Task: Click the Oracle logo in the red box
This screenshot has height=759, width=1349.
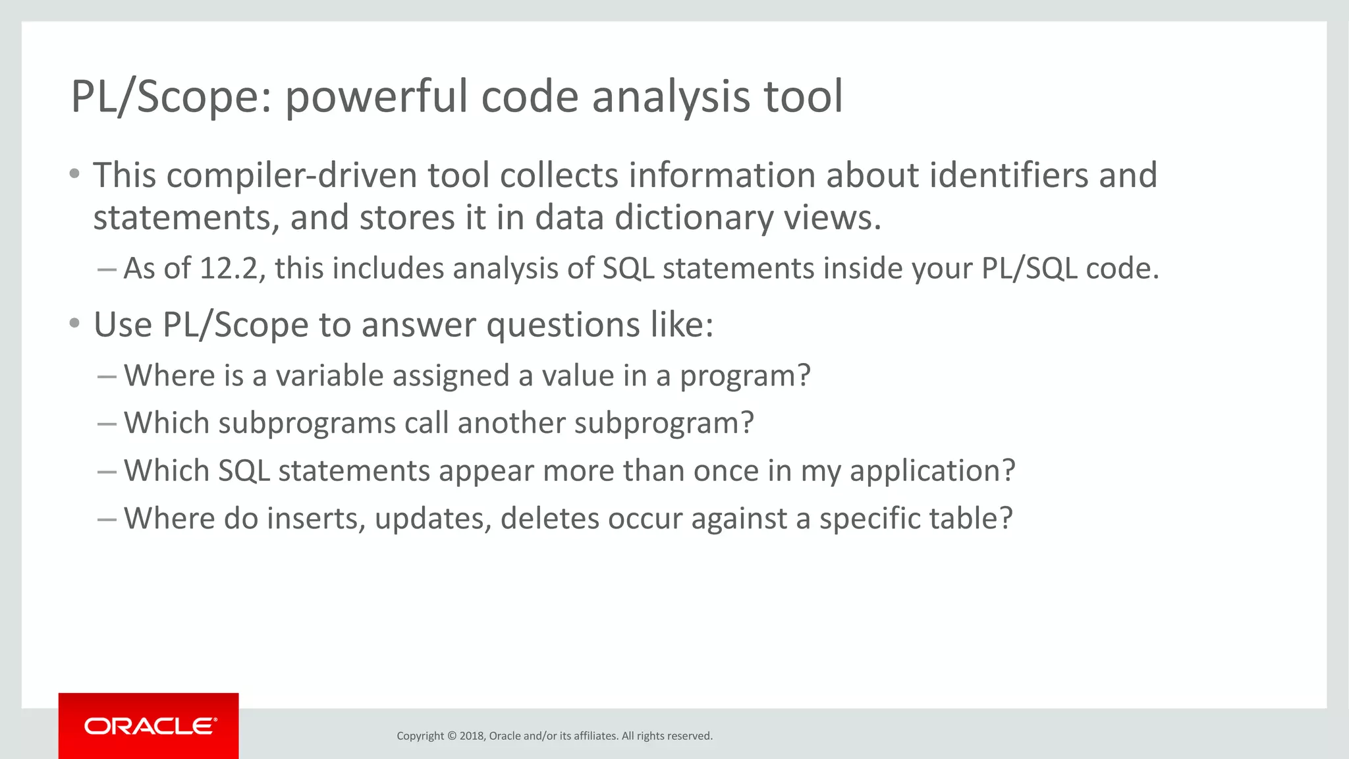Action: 150,726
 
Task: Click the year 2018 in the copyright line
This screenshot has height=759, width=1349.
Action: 472,736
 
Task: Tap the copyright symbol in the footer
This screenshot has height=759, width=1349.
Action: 452,736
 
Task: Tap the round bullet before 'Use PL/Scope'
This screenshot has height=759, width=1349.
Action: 74,323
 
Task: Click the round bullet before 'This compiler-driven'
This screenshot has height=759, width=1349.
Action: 74,175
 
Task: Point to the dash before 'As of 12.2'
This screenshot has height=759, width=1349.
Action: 106,269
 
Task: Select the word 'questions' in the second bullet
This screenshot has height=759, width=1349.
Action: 562,325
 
